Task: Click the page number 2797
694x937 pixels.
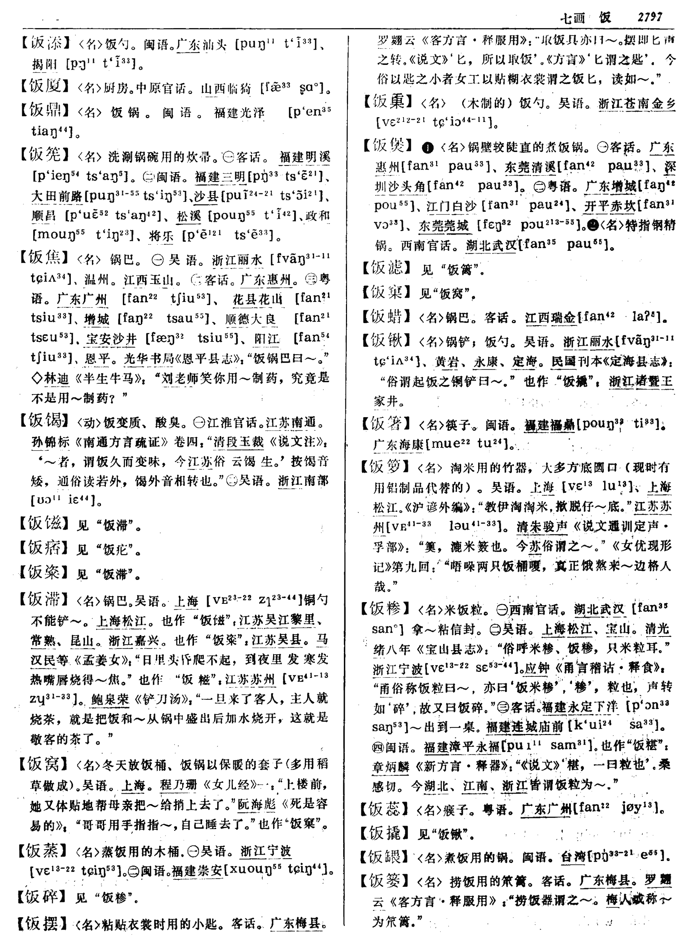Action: [x=650, y=17]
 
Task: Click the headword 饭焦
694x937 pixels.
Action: [x=44, y=258]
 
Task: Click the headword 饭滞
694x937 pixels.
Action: [x=44, y=599]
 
